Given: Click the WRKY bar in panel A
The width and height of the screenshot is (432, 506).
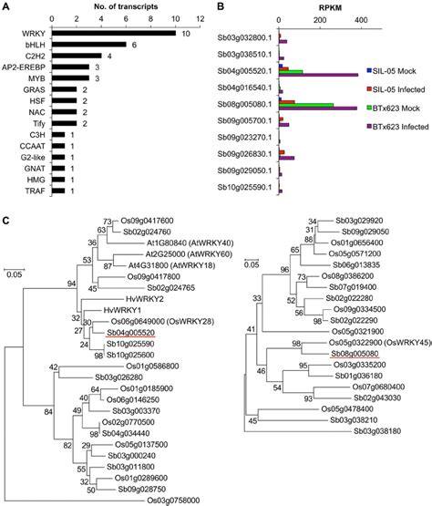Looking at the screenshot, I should coord(113,34).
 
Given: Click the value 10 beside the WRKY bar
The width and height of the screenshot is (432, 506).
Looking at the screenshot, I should coord(185,34).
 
